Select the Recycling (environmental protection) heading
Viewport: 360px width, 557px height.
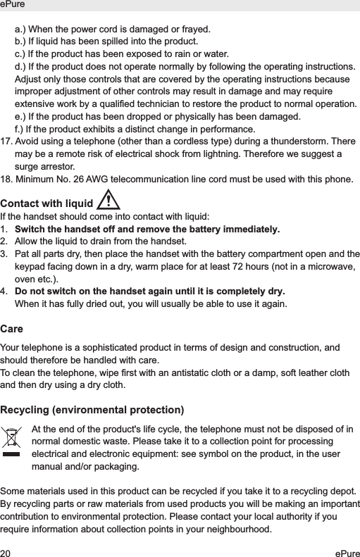pos(92,410)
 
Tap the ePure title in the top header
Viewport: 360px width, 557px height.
pos(13,4)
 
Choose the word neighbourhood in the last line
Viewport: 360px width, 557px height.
pos(235,529)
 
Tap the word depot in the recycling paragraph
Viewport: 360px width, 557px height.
pos(340,489)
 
